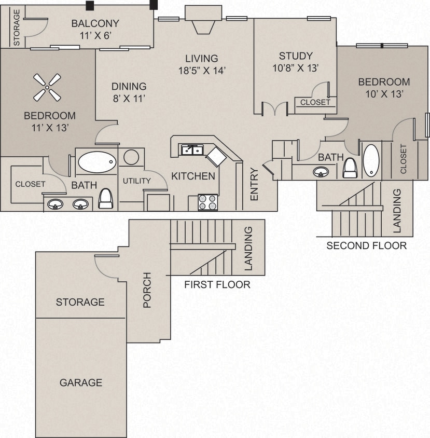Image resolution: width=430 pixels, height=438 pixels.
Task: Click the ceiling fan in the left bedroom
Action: [47, 87]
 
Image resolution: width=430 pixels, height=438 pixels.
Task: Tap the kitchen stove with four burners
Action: [208, 202]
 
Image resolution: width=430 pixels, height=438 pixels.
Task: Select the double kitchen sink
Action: [192, 150]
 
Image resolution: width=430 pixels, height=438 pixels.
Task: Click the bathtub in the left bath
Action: [96, 162]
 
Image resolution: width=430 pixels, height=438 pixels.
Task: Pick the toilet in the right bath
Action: [350, 167]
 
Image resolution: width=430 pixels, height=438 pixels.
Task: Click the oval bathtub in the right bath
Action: [371, 160]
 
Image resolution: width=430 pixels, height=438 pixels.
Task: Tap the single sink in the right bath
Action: [321, 172]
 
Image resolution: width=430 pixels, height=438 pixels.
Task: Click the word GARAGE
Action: [81, 383]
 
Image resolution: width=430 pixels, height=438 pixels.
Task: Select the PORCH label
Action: [147, 290]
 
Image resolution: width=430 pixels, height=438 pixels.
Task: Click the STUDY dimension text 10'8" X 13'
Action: [296, 68]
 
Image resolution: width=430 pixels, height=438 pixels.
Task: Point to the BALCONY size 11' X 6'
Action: [95, 35]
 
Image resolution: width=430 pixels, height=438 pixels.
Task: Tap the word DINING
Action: [129, 87]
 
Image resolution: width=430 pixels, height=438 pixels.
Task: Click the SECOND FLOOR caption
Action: [366, 245]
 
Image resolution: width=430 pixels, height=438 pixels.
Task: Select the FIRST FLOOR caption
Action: [217, 284]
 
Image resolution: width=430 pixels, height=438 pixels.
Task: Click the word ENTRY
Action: [254, 184]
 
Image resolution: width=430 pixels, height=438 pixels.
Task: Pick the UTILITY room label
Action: [136, 181]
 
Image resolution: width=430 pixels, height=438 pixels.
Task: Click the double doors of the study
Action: [274, 109]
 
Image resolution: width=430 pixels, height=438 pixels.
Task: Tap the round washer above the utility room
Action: [131, 157]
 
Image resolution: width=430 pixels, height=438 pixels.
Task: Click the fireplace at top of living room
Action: [202, 21]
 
